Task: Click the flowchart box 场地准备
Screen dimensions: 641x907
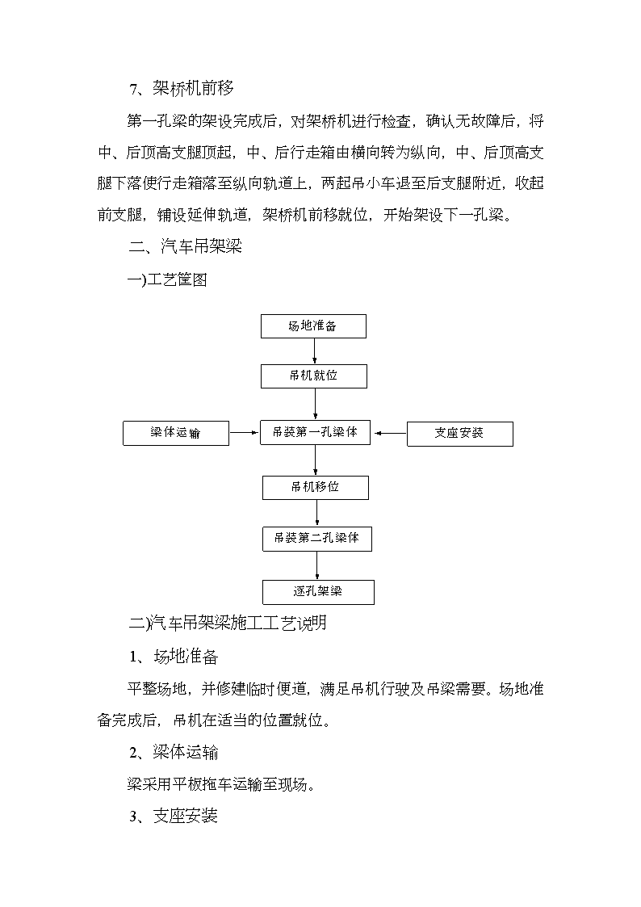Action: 313,326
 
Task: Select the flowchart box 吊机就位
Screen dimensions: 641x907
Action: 314,376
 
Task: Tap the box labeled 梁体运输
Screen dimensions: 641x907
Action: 176,433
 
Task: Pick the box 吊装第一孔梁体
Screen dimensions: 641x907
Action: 315,433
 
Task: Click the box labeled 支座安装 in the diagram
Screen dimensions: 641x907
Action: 460,434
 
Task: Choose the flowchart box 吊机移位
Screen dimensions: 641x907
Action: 316,488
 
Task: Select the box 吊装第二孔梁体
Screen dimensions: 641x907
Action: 316,539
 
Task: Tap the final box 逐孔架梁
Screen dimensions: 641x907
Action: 318,592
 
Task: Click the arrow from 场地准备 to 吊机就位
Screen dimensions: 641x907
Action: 314,351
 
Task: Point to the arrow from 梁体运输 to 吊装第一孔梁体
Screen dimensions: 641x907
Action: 245,432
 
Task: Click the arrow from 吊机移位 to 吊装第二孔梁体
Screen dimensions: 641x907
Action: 316,513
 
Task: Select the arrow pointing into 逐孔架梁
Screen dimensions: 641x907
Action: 316,565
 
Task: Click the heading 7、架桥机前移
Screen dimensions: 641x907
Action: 182,89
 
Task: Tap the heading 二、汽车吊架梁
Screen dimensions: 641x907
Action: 185,246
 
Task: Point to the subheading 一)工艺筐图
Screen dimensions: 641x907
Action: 167,280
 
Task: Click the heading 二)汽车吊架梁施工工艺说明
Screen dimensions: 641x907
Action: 228,623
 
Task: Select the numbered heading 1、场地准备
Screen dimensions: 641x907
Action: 174,657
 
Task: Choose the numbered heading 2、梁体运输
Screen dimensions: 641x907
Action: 174,752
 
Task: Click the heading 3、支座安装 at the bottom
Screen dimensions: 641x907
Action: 174,816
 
